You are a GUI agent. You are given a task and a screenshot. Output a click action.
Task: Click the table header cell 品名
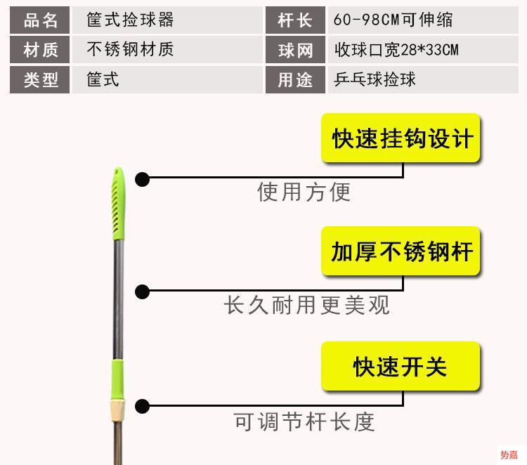(x=40, y=20)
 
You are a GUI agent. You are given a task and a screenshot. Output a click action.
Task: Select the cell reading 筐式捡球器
(x=130, y=20)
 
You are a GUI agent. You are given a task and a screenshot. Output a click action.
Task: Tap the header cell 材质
(x=40, y=50)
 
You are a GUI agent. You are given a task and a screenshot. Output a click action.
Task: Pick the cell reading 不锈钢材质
(x=130, y=50)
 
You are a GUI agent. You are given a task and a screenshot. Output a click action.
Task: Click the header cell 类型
(x=40, y=79)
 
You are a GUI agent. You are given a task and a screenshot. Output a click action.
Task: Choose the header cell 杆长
(x=295, y=20)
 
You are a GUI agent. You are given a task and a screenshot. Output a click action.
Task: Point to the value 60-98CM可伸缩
(x=393, y=20)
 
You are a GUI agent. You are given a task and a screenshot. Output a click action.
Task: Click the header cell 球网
(x=295, y=50)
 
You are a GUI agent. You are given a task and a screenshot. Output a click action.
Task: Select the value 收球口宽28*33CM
(x=397, y=50)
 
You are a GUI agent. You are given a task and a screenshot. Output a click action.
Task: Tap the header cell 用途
(x=295, y=79)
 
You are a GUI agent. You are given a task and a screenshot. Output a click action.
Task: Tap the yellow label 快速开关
(x=401, y=366)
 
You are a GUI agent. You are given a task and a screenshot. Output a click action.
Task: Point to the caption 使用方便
(x=304, y=192)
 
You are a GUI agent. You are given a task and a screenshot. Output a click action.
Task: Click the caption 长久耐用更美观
(x=306, y=306)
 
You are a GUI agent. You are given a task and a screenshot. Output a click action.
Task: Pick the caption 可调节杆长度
(x=304, y=421)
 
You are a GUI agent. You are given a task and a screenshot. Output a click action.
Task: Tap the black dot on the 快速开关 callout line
(x=143, y=406)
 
